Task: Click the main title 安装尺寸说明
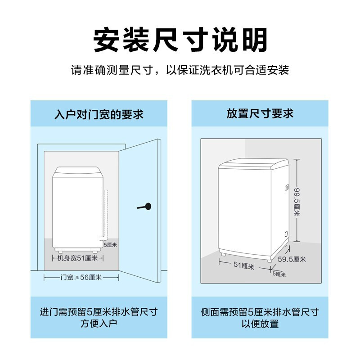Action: pos(180,41)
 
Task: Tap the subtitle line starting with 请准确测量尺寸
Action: pos(180,71)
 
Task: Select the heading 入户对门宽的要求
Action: pos(99,114)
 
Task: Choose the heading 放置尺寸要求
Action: pos(260,113)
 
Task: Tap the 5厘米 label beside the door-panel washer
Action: pos(111,245)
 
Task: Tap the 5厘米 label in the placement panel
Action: pos(279,274)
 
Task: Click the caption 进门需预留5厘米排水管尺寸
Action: pos(99,312)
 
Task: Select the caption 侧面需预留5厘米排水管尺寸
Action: pos(260,312)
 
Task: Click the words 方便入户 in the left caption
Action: pos(99,324)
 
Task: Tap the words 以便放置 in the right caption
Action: pos(260,324)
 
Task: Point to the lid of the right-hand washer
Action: pos(252,163)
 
